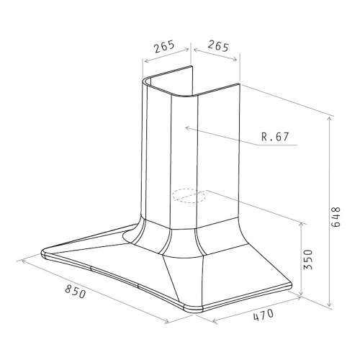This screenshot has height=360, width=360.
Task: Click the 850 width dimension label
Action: tap(75, 292)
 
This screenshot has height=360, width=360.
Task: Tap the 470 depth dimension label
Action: tap(264, 315)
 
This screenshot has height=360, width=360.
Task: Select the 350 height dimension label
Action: tap(308, 260)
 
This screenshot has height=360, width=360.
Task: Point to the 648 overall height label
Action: tap(336, 217)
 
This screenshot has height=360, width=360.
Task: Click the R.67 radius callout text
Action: tap(275, 137)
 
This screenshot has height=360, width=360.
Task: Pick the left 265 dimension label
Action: tap(164, 47)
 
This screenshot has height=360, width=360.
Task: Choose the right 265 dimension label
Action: tap(218, 46)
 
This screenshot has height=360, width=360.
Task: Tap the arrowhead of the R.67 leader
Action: tap(188, 128)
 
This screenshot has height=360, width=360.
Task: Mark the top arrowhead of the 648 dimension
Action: tap(330, 119)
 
